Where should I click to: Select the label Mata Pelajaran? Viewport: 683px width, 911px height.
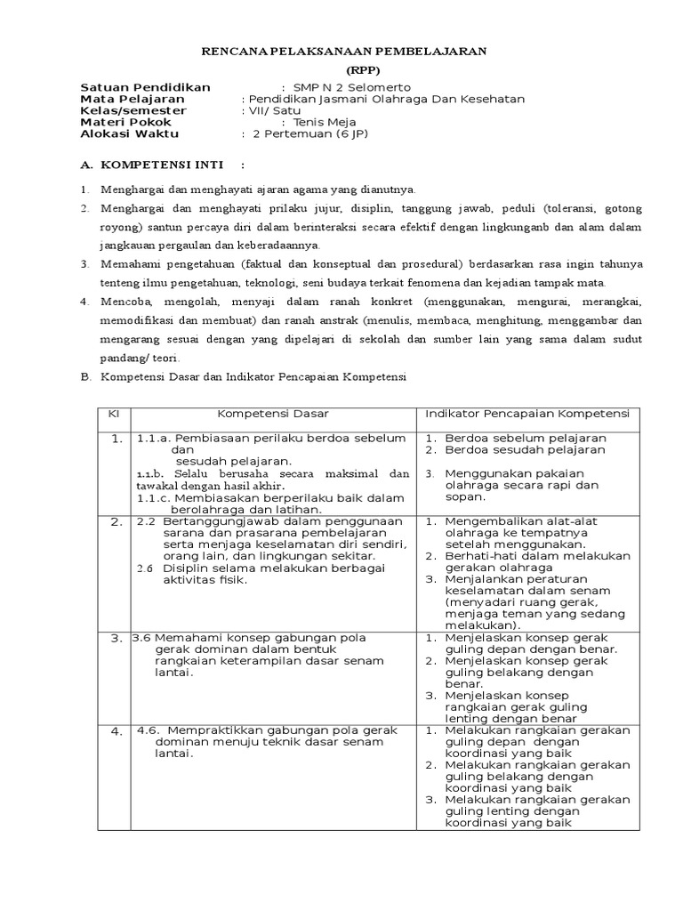[133, 99]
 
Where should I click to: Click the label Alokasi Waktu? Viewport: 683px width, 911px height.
[129, 133]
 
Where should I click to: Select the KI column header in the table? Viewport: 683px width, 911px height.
[114, 414]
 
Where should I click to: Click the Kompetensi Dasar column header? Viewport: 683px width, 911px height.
[273, 414]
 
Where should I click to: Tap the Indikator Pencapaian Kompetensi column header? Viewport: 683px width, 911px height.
[527, 414]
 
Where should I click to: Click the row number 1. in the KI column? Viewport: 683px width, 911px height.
[117, 439]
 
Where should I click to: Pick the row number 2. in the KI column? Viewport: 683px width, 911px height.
[117, 522]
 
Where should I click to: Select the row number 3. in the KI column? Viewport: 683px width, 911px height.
[117, 638]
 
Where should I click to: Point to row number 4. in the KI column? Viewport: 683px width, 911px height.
[117, 731]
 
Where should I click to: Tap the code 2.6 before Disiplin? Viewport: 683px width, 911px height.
[146, 568]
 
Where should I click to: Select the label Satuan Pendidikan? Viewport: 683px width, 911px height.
[146, 87]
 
